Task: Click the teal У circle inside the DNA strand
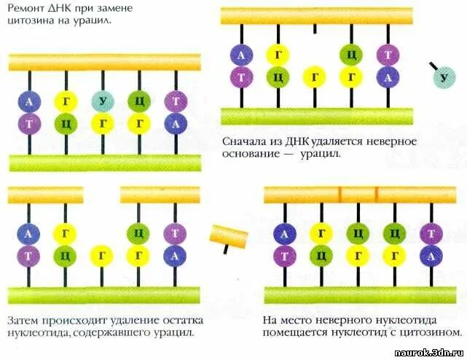click(102, 101)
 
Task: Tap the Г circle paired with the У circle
click(102, 123)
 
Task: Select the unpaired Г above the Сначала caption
click(314, 76)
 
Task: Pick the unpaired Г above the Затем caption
click(101, 255)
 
